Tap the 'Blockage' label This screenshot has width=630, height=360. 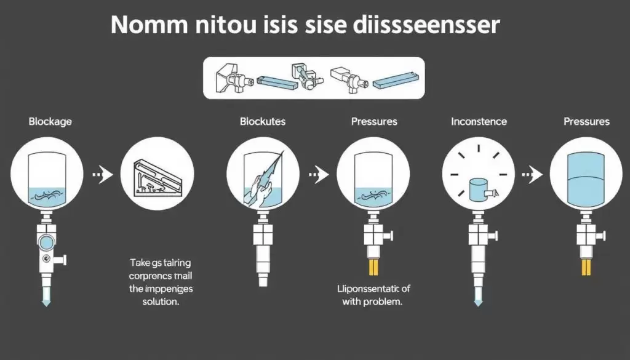[50, 121]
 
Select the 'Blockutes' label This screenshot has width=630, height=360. [263, 121]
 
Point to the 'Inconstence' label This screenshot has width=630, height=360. [479, 121]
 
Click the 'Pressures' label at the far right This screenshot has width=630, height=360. [586, 121]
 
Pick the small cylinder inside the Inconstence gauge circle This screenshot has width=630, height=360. [477, 189]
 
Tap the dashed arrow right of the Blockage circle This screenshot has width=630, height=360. [103, 175]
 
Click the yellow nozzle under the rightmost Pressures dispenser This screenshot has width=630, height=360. [586, 267]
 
